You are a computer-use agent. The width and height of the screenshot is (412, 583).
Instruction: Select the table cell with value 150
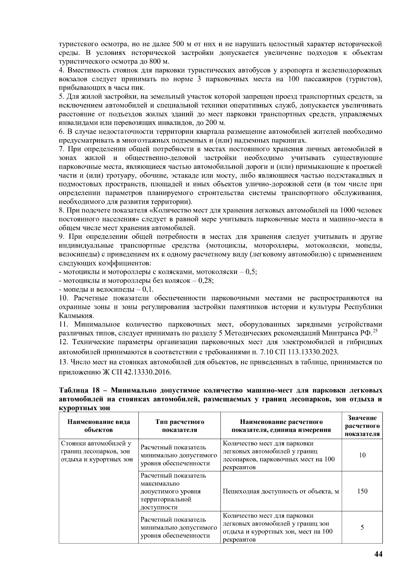362,491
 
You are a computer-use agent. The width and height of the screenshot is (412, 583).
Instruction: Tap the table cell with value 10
362,455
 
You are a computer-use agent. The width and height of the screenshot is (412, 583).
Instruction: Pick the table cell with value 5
362,527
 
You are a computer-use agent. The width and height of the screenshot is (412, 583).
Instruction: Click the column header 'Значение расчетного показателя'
362,426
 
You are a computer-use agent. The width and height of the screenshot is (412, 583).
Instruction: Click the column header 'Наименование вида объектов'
99,426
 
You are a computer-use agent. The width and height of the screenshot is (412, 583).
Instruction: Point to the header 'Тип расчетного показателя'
180,426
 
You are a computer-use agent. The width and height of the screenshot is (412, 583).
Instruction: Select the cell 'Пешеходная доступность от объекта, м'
281,491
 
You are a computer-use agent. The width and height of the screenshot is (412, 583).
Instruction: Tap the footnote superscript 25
375,330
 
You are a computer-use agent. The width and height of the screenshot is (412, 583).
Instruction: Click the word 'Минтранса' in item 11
337,333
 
